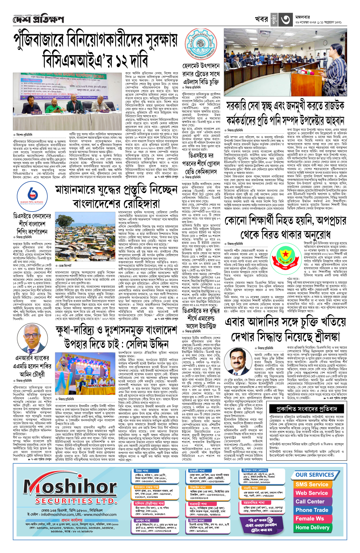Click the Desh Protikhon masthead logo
(x=38, y=20)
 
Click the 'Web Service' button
(x=312, y=493)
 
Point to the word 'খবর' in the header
(x=261, y=19)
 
